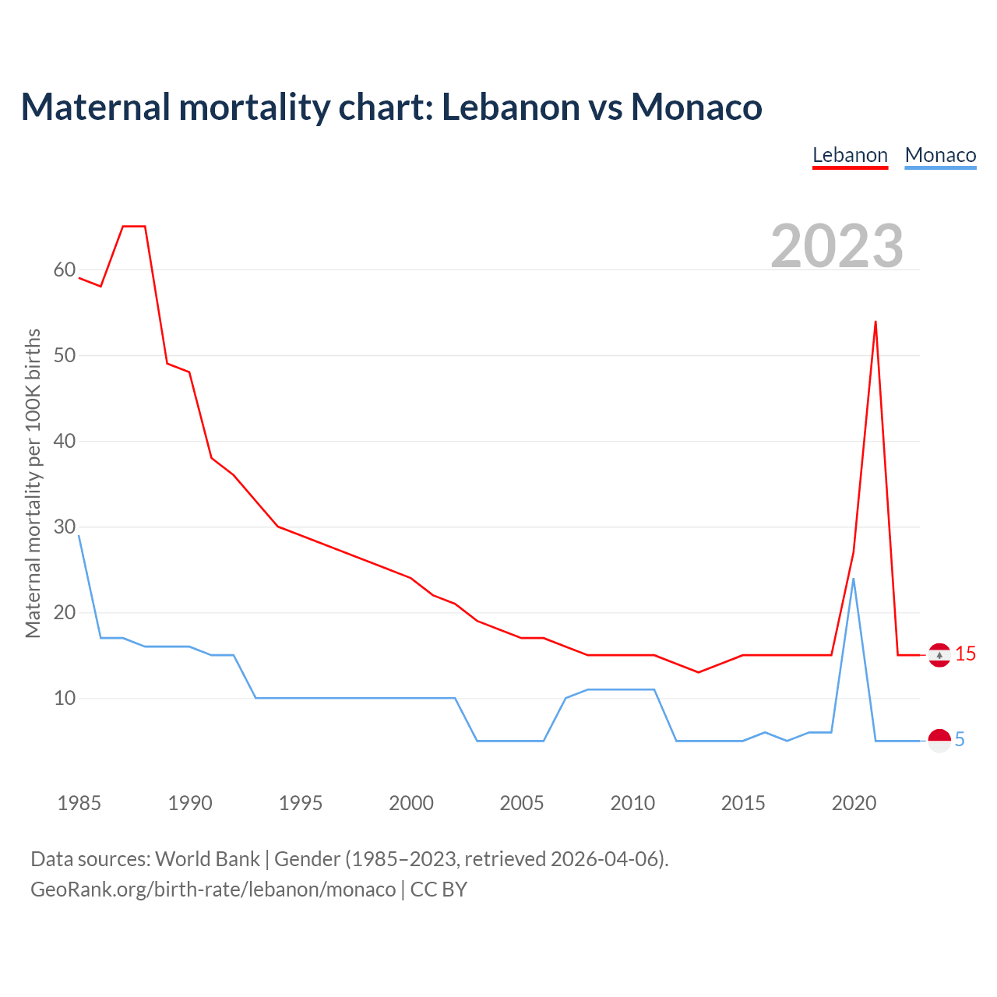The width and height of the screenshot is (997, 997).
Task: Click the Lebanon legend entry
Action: point(850,155)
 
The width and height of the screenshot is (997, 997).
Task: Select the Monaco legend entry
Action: point(940,155)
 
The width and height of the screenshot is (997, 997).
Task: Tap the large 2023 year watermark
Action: point(837,245)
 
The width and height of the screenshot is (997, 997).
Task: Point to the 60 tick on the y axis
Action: point(65,270)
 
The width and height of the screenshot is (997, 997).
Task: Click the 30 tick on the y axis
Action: point(65,527)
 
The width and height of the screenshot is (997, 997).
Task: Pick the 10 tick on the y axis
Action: point(65,698)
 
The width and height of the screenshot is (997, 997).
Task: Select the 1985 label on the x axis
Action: point(79,803)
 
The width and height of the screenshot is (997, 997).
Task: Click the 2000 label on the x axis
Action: point(411,803)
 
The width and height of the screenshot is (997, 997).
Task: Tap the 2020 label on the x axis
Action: point(854,803)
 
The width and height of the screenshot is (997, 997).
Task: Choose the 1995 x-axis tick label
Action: point(301,803)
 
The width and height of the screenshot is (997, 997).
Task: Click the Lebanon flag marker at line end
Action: point(939,655)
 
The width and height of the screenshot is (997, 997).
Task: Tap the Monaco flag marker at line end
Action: point(939,740)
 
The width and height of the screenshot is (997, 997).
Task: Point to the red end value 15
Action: point(966,654)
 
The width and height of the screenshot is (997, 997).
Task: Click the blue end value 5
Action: point(960,740)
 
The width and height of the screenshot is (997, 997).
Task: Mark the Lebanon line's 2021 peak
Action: point(875,322)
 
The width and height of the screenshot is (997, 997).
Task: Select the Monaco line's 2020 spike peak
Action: point(854,579)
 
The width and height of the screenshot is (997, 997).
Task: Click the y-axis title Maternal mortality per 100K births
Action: point(33,483)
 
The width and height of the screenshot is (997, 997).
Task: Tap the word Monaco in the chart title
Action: point(696,107)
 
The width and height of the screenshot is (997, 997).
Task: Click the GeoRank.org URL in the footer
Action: point(213,890)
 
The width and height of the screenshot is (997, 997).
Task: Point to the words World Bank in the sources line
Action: point(207,859)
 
